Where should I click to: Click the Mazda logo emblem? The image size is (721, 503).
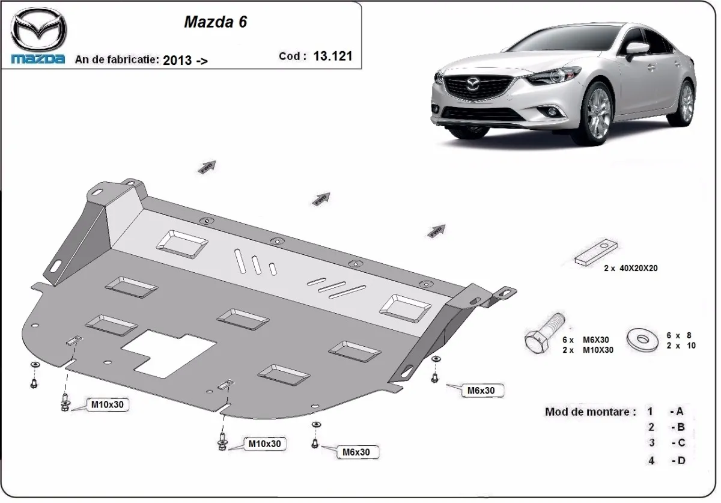click(39, 29)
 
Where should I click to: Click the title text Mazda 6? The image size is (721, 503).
click(214, 22)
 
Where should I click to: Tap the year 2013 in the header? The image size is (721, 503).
click(177, 59)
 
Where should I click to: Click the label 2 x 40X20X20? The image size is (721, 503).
click(630, 269)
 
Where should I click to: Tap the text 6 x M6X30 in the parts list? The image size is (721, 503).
click(587, 340)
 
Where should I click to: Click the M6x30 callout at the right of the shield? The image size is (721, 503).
click(481, 391)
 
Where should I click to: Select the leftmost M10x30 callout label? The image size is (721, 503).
click(107, 404)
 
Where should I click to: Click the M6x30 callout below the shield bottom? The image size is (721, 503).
click(356, 452)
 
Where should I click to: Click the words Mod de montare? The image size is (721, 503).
click(589, 412)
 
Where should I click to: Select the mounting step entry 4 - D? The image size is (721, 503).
click(666, 460)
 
